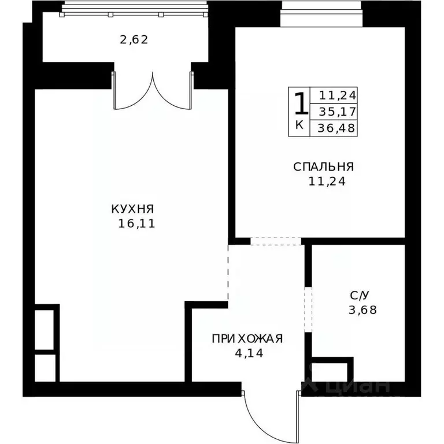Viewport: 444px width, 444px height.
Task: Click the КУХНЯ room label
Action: coord(133,209)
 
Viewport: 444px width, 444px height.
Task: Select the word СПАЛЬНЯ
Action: coord(323,167)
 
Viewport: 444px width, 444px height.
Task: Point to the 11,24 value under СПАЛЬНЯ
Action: coord(324,180)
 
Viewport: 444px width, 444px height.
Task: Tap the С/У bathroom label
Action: coord(359,295)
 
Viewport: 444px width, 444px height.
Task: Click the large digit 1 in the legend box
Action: coord(300,105)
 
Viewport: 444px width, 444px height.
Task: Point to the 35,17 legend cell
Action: coord(334,111)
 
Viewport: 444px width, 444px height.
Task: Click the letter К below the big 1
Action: coord(299,125)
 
